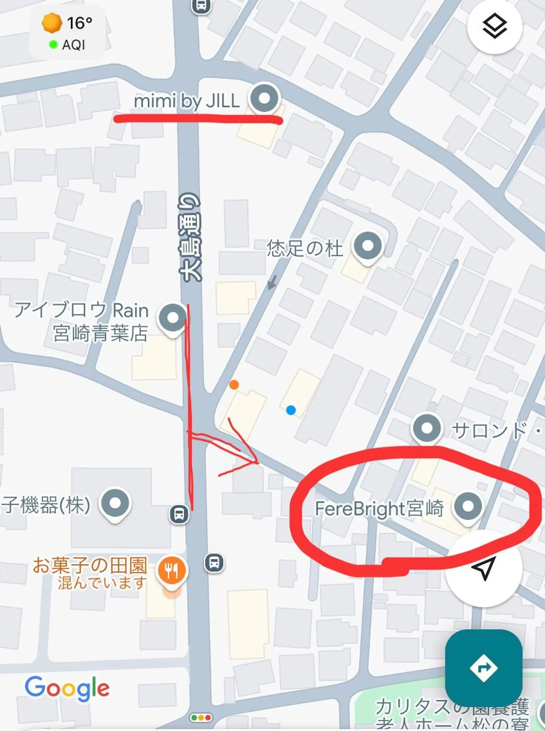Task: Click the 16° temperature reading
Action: tap(79, 23)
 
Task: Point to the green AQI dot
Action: tap(53, 44)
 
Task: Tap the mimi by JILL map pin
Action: tap(264, 98)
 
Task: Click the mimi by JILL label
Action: tap(187, 101)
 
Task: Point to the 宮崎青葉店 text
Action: tap(100, 333)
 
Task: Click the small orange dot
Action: tap(234, 385)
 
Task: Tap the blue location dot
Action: tap(291, 410)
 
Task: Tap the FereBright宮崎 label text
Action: tap(380, 509)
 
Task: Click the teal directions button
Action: tap(483, 659)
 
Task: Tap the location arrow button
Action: tap(483, 568)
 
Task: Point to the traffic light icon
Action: tap(201, 717)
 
